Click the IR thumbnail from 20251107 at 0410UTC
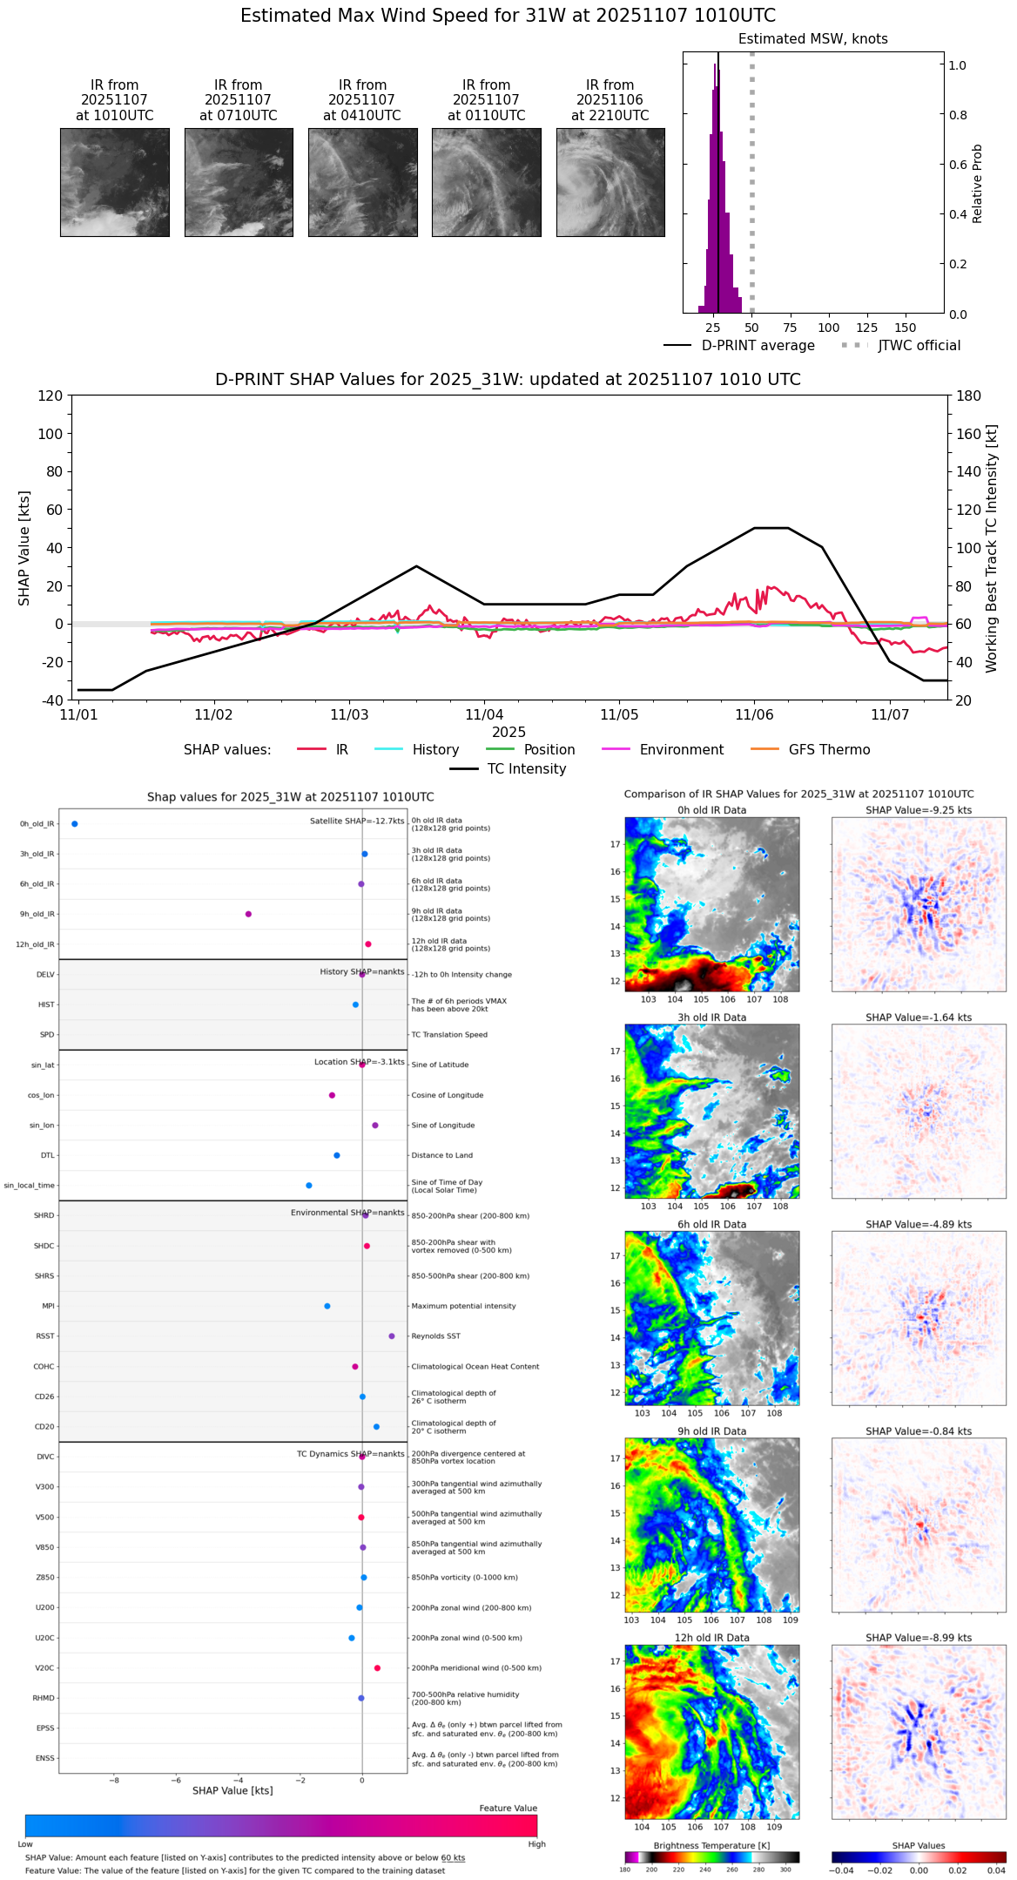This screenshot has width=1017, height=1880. coord(362,182)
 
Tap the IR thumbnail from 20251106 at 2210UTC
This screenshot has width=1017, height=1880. coord(610,182)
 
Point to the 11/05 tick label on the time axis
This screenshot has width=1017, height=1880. coord(619,715)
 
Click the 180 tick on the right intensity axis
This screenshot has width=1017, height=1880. coord(969,396)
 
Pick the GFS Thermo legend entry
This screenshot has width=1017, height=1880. coord(829,749)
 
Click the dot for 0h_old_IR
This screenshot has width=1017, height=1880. coord(75,823)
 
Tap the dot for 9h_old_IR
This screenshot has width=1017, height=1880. coord(248,914)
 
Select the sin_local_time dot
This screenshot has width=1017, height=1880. coord(309,1185)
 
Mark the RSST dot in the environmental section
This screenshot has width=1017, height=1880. coord(392,1336)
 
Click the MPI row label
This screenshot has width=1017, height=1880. coord(49,1306)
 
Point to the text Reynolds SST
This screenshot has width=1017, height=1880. coord(436,1336)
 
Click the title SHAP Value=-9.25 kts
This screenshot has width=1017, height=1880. coord(919,810)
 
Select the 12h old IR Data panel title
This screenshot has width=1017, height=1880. coord(711,1638)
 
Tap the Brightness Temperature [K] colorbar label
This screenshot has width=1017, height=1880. coord(711,1845)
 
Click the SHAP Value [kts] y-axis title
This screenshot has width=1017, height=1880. coord(24,548)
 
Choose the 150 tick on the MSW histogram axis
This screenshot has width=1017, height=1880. coord(906,328)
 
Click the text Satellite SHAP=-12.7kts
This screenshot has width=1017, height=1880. coord(357,821)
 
